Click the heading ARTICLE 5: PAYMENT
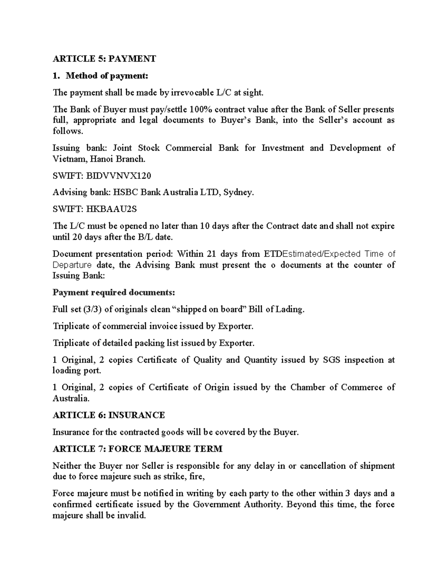point(104,59)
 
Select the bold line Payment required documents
point(113,292)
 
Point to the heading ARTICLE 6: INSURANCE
point(109,415)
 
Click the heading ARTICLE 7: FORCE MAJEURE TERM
point(137,449)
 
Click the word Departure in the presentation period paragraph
point(72,265)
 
